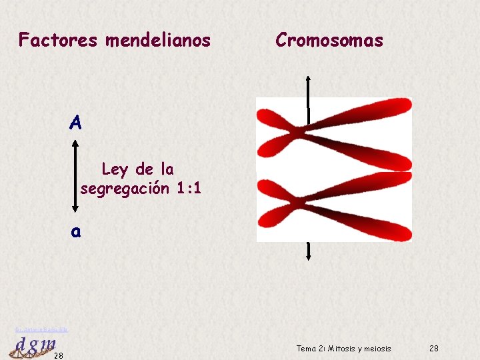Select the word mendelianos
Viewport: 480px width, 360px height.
[x=157, y=41]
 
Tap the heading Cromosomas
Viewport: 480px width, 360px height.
[x=329, y=41]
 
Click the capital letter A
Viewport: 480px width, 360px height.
[x=75, y=123]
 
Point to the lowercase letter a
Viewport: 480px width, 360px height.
[x=76, y=231]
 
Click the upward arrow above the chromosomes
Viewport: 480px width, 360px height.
[x=308, y=80]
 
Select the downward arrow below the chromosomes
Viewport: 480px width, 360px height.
[x=308, y=256]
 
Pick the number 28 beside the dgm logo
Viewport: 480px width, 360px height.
[x=59, y=355]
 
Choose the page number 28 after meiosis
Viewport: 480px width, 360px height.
[x=434, y=349]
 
